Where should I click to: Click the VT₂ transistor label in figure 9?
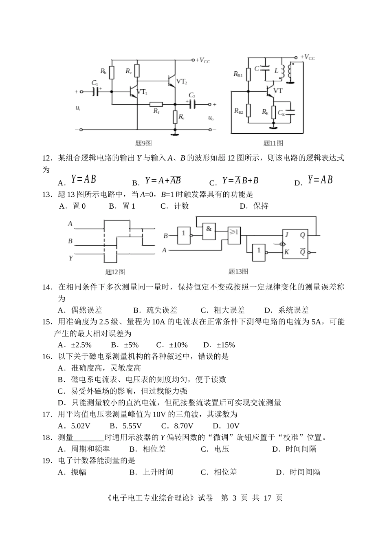(x=182, y=82)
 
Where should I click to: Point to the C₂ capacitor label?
(x=192, y=96)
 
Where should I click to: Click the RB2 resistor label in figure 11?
(x=238, y=111)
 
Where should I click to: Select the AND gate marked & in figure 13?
(x=209, y=231)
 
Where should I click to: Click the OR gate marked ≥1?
(x=234, y=235)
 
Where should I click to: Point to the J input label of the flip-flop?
(x=287, y=235)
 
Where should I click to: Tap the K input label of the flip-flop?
(x=286, y=252)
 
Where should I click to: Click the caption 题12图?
(x=115, y=272)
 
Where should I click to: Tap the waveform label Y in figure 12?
(x=70, y=258)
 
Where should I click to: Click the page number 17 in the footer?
(x=267, y=498)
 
